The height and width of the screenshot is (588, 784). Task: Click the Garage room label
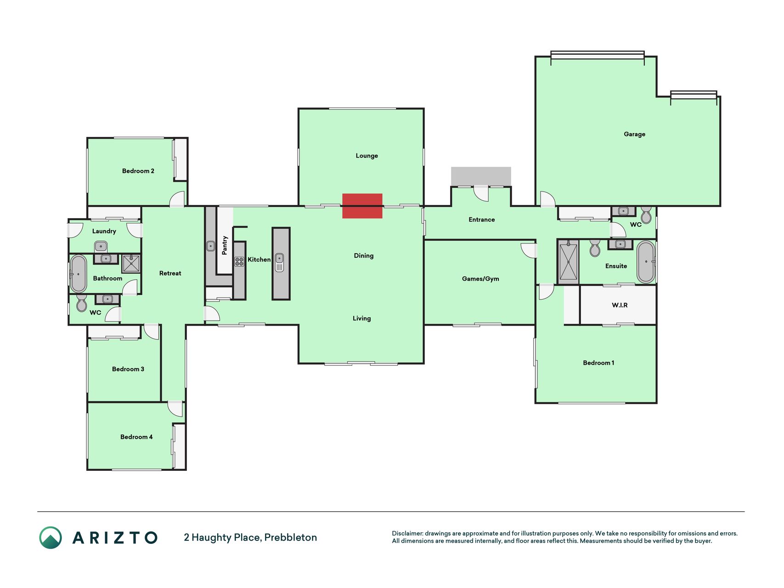(634, 134)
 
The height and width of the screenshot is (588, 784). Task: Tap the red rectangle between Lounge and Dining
(362, 206)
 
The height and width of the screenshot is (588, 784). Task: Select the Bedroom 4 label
(136, 437)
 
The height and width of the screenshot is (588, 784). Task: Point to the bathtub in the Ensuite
(646, 262)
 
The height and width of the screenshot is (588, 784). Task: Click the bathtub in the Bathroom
(78, 274)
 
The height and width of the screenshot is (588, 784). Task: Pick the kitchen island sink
(279, 262)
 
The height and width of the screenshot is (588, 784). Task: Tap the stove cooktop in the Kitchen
(239, 261)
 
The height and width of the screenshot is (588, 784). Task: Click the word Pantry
(225, 245)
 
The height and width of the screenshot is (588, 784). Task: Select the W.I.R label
(620, 305)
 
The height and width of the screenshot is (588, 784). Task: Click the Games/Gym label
(480, 279)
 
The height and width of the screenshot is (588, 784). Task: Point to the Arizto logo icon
(51, 537)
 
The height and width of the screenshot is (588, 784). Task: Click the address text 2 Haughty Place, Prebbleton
(250, 537)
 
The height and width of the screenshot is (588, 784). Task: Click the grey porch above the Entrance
(481, 176)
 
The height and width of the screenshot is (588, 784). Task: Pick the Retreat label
(170, 273)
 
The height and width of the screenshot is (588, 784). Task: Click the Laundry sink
(101, 247)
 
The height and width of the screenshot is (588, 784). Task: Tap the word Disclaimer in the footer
(407, 533)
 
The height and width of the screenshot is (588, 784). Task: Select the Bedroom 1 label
(598, 363)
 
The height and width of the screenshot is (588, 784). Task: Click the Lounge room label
(367, 156)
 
